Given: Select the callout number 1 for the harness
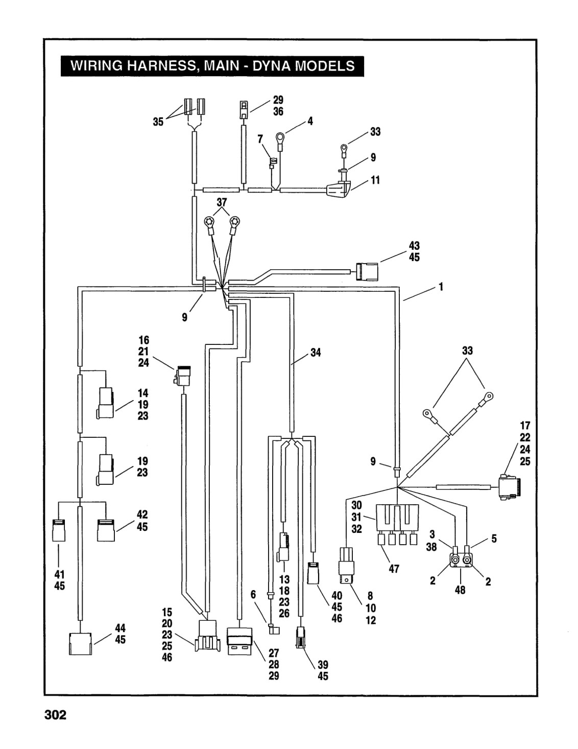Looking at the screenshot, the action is (441, 287).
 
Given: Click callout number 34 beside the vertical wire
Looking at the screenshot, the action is (316, 352).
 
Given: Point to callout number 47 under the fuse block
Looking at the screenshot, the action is (394, 569).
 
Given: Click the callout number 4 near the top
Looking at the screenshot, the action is (310, 121).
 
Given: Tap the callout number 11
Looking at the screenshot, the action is (375, 180).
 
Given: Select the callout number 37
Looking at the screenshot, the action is (222, 202).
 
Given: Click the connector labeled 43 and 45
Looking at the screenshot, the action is (367, 272).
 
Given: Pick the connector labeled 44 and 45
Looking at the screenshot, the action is (81, 644).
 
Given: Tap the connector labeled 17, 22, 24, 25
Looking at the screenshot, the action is (510, 486).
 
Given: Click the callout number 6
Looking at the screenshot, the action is (253, 594).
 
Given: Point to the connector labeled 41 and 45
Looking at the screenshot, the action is (59, 530).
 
